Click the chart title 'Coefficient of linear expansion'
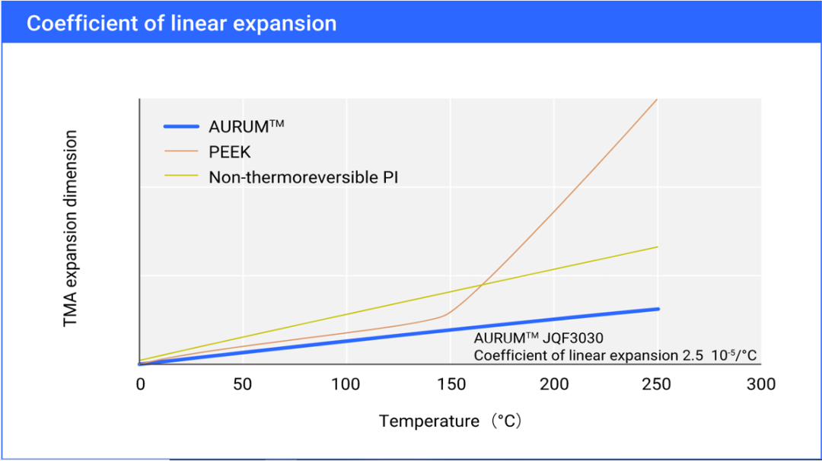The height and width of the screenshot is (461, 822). point(181,24)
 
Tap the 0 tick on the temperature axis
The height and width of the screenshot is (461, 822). point(140,384)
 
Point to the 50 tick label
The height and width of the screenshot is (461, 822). point(243,384)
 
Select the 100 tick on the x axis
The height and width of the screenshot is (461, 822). point(346,384)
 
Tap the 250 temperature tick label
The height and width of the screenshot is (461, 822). point(657,384)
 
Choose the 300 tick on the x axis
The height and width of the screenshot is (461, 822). point(760,384)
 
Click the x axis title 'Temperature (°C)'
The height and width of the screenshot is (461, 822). point(450,421)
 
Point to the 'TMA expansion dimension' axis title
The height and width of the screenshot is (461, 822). point(71,229)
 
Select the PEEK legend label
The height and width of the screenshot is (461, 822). point(230,152)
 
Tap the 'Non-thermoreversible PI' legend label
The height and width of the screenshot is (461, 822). point(304,177)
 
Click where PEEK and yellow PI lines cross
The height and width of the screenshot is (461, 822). point(482,285)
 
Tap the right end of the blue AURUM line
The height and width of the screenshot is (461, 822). point(657,309)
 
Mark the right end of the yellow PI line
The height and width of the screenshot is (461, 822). point(656,246)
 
